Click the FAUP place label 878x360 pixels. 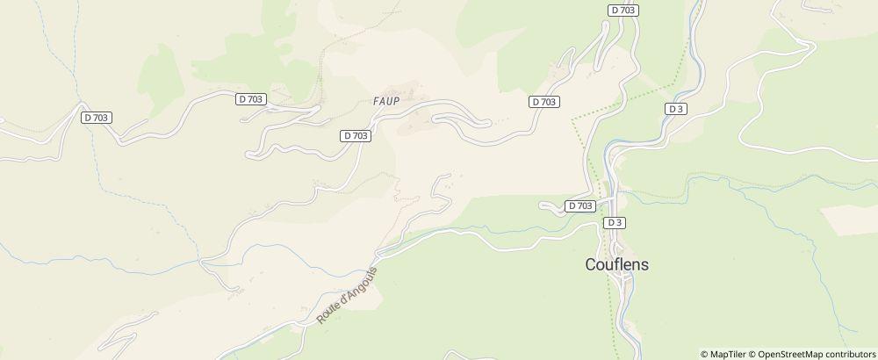point(385,101)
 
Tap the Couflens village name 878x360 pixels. point(617,263)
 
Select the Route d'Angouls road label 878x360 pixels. point(347,295)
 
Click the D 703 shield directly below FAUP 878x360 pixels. point(356,135)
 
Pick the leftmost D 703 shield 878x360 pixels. point(97,118)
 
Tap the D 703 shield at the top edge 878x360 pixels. point(623,10)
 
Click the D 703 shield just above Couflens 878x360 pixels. point(580,205)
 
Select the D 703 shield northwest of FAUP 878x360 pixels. point(251,99)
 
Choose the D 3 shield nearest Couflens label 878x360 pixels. point(615,222)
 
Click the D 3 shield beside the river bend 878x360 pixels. point(675,109)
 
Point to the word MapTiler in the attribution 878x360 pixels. point(729,354)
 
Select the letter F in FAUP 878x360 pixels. point(375,101)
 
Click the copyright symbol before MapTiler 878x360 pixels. point(705,354)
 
